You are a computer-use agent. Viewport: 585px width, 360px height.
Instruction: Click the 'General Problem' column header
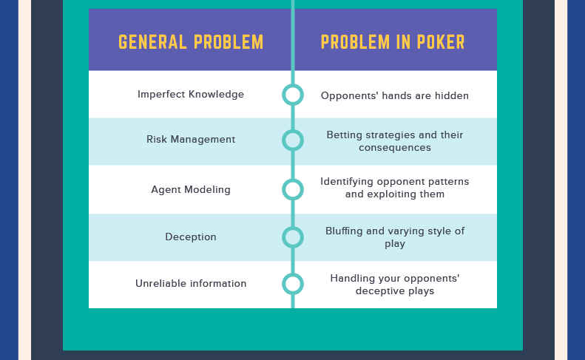coord(191,42)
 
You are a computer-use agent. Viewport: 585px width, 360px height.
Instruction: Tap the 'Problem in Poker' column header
coord(393,42)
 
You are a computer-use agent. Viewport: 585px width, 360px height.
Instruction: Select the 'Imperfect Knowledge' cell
coord(191,95)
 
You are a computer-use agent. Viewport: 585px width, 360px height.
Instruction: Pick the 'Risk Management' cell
coord(191,140)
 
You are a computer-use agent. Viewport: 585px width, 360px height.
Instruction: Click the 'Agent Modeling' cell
coord(191,190)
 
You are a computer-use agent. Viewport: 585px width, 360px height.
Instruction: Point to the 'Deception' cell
coord(191,237)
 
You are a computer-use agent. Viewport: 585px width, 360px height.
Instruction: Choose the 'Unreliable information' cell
coord(191,284)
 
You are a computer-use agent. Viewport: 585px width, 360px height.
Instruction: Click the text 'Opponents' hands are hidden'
coord(395,95)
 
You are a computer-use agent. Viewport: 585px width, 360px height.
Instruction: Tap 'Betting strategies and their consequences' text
coord(395,141)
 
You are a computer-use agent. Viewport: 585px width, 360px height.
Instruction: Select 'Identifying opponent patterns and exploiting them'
coord(395,188)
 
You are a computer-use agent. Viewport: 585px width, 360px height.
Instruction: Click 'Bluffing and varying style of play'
coord(395,237)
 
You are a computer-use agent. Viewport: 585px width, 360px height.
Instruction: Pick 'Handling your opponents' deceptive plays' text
coord(395,285)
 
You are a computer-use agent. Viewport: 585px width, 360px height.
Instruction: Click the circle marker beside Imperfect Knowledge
coord(293,95)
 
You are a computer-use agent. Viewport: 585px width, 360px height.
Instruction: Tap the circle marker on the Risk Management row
coord(293,140)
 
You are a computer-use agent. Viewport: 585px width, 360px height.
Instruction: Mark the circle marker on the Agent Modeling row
coord(293,189)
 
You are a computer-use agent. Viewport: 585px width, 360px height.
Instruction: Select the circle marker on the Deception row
coord(293,237)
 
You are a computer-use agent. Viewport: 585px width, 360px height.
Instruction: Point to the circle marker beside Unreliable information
coord(293,284)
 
